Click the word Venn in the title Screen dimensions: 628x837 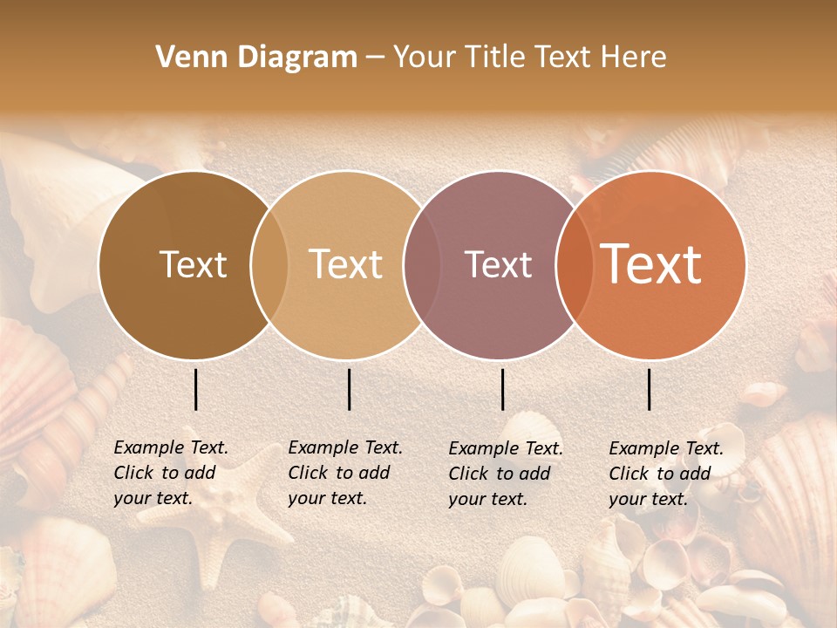pos(184,57)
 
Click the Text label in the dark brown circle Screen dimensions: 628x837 pos(193,264)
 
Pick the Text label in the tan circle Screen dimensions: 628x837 pos(346,264)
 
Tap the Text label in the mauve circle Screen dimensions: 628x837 pos(498,264)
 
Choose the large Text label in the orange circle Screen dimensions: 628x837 pos(650,264)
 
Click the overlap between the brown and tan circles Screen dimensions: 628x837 pos(269,264)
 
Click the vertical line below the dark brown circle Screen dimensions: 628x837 pos(195,389)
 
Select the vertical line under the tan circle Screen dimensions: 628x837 pos(349,389)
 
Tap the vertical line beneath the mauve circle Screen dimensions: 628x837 pos(502,389)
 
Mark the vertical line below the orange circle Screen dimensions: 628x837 pos(650,389)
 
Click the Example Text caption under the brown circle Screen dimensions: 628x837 pos(171,473)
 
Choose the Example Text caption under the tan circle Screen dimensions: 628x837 pos(345,473)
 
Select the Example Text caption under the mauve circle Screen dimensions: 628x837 pos(506,474)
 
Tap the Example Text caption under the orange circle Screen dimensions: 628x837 pos(666,474)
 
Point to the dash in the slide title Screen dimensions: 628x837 pos(375,58)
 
